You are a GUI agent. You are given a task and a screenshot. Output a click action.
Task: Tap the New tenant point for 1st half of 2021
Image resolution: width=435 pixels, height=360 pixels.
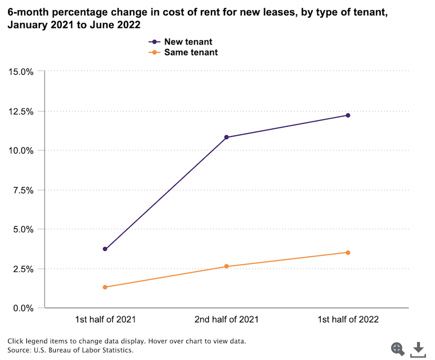105,249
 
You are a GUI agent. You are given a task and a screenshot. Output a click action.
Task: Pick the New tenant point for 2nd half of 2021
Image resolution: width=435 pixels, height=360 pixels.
227,137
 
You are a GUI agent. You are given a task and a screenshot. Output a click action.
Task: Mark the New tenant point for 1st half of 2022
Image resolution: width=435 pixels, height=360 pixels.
348,116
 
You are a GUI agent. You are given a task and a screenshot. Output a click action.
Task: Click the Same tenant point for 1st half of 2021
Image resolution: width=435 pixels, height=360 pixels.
105,287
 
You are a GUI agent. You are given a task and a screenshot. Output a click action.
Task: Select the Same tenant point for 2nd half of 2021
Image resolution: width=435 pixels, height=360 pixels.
227,266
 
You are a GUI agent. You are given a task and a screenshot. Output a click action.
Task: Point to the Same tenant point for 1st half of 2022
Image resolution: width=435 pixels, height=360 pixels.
348,253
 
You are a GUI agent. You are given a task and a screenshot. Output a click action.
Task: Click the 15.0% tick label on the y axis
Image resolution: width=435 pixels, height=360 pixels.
20,71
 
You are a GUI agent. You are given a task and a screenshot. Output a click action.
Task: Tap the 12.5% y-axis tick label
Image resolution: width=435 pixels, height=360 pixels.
20,111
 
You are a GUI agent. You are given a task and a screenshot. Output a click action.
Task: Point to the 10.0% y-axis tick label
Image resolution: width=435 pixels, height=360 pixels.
20,150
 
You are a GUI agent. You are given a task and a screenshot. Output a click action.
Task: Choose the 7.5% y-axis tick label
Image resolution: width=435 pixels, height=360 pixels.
23,190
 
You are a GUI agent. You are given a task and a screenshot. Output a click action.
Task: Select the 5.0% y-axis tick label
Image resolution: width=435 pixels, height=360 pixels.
23,229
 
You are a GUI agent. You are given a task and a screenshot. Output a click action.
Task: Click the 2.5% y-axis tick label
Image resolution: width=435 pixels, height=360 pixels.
23,269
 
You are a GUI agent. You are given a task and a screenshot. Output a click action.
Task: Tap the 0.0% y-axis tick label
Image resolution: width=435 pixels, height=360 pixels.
23,308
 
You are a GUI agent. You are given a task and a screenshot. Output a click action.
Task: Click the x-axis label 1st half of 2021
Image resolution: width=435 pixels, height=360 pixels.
105,319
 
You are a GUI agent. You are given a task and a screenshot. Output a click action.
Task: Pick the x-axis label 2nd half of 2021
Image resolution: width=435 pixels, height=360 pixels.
227,319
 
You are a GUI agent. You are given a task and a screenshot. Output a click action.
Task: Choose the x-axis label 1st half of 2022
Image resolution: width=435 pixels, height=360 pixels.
348,319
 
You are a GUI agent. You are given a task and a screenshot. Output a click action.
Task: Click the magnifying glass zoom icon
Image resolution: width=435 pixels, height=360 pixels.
398,348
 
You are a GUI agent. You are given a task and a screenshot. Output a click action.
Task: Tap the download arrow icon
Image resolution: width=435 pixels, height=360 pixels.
418,349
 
